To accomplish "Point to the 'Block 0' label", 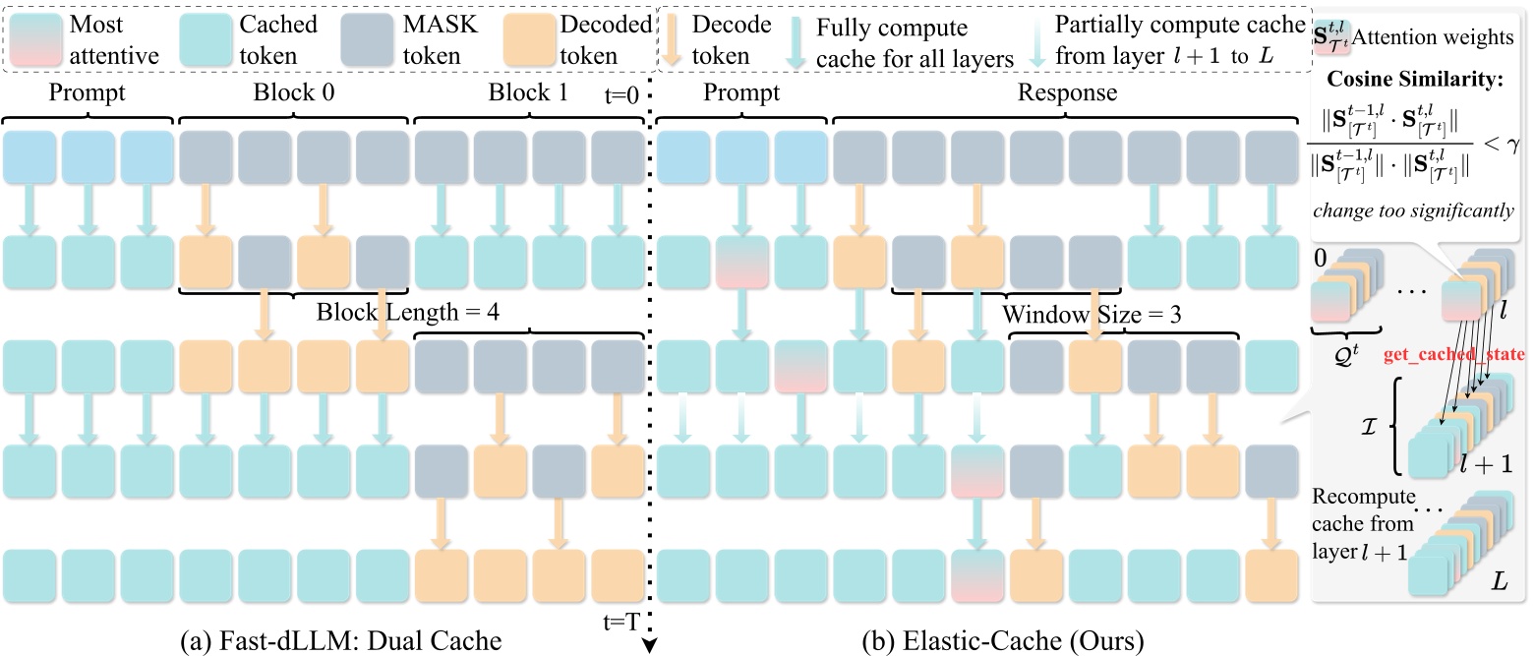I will tap(294, 93).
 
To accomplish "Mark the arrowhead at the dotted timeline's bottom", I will tap(650, 645).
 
